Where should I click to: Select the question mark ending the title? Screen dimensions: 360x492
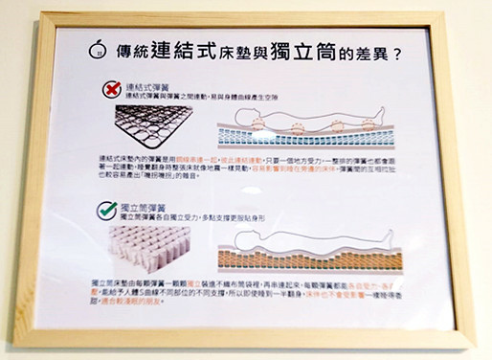click(396, 47)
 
